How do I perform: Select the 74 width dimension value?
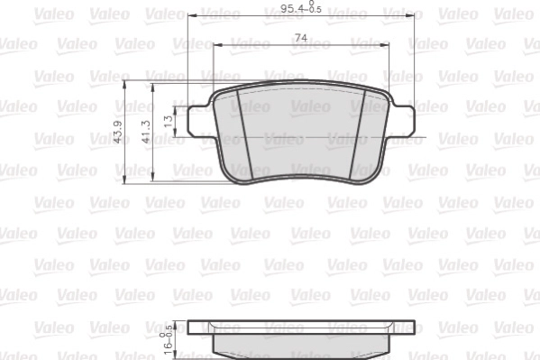[300, 37]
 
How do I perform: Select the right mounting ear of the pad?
[403, 120]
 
